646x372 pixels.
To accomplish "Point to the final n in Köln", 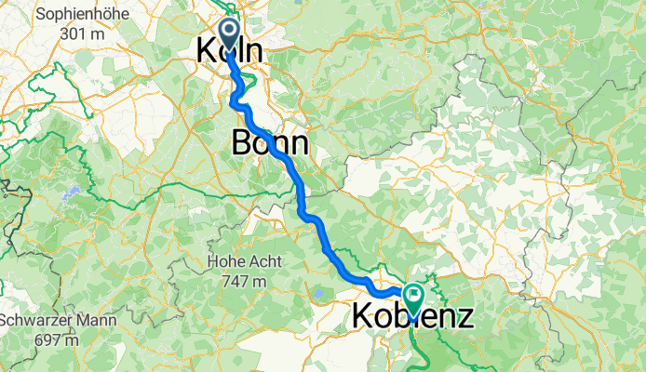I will click(252, 52).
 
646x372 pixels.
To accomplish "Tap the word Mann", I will click(98, 321).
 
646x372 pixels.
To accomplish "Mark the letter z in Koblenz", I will click(463, 318).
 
